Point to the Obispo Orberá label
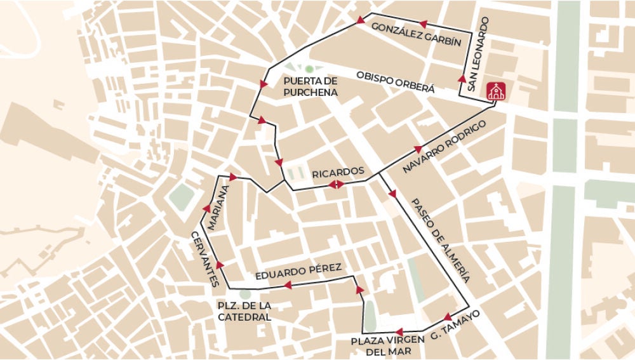396,82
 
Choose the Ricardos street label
337,171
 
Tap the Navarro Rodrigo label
444,148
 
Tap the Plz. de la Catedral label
244,310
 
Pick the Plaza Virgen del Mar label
389,346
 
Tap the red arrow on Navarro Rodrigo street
418,149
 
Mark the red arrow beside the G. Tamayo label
447,316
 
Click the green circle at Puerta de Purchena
309,69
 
